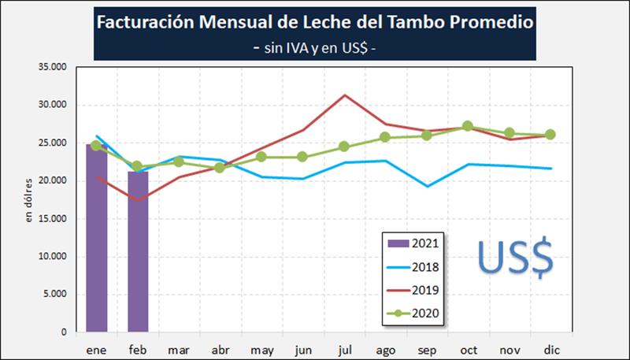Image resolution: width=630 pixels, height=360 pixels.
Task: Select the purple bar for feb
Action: click(138, 252)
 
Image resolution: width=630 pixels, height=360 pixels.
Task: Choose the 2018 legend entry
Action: click(414, 267)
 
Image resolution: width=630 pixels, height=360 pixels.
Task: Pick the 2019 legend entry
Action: click(414, 291)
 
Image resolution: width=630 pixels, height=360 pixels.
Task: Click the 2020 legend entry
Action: click(414, 314)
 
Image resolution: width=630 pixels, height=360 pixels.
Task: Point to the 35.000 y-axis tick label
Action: click(53, 68)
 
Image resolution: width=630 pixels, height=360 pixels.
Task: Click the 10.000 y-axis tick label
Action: click(53, 257)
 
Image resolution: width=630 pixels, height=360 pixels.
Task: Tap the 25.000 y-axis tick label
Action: click(53, 143)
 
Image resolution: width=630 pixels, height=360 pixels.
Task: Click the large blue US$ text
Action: click(516, 258)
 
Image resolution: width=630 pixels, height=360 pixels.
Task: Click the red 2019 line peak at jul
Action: click(344, 95)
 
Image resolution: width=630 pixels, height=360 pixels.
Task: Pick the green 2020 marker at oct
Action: click(468, 126)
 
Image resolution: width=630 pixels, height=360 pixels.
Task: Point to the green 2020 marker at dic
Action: click(550, 135)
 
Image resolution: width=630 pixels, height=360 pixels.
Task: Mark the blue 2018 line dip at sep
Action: click(426, 187)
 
